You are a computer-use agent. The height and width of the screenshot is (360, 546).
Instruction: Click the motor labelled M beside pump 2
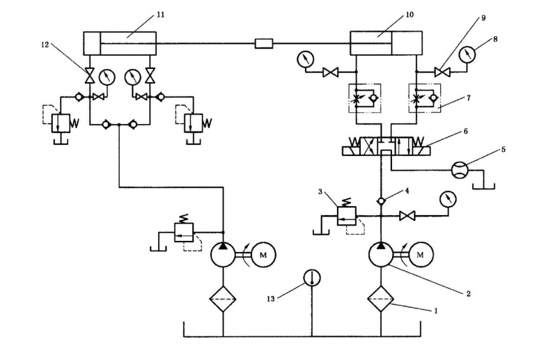(x=420, y=256)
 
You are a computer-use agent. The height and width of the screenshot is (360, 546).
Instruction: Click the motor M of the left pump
(x=262, y=256)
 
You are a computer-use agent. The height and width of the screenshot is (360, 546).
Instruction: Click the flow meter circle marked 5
(x=461, y=170)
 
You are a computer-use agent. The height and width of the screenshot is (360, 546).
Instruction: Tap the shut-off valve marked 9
(x=440, y=70)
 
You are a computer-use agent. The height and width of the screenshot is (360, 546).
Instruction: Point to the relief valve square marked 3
(x=346, y=215)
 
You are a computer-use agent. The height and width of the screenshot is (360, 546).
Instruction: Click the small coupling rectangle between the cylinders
(x=264, y=44)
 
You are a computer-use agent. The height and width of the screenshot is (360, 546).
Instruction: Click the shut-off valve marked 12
(x=89, y=73)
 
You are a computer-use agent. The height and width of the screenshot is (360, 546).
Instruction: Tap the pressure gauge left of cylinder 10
(x=303, y=59)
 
